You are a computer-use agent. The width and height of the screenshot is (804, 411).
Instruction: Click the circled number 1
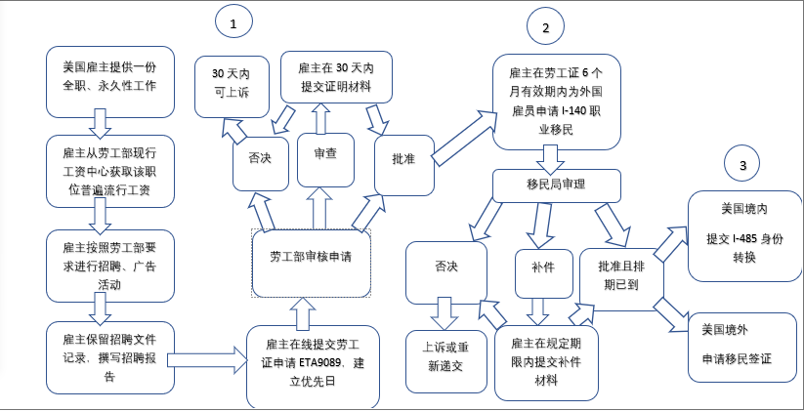click(233, 21)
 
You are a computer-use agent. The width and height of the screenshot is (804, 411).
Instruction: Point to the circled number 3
click(742, 166)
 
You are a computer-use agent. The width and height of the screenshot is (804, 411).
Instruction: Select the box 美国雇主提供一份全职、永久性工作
click(109, 75)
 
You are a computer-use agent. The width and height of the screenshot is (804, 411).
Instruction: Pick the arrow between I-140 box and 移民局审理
click(549, 157)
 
